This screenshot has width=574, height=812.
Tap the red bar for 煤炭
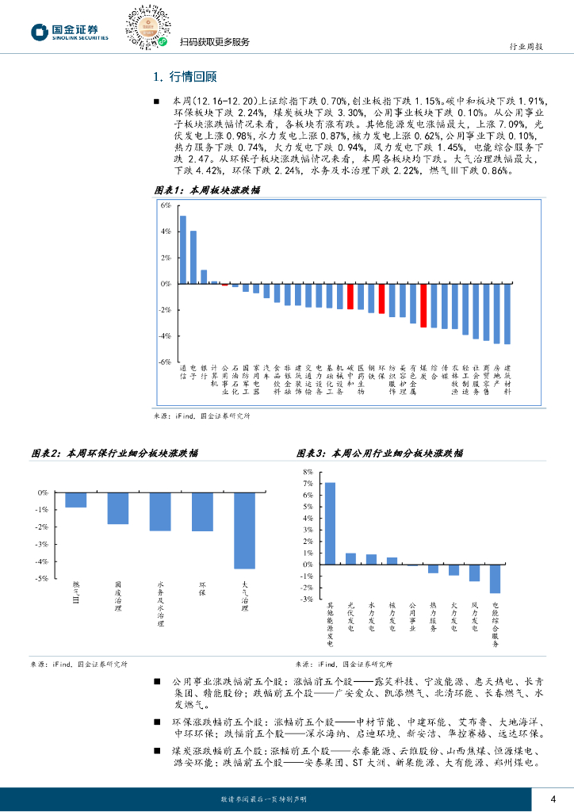click(x=423, y=305)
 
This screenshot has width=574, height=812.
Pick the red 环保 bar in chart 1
click(x=381, y=298)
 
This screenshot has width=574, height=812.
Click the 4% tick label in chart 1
click(x=166, y=232)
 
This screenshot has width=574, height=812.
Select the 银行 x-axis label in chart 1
click(x=204, y=373)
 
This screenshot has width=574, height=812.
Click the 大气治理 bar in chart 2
click(x=244, y=530)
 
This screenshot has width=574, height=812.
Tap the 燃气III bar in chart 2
click(x=76, y=500)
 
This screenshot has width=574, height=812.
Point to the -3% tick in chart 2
click(x=42, y=544)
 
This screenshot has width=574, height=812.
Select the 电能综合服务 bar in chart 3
click(x=495, y=579)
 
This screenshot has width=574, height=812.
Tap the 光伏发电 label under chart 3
click(x=350, y=619)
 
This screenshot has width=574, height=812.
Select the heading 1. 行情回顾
click(x=184, y=77)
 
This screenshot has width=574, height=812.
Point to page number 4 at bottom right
click(x=553, y=799)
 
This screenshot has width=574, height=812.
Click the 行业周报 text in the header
click(x=525, y=47)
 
